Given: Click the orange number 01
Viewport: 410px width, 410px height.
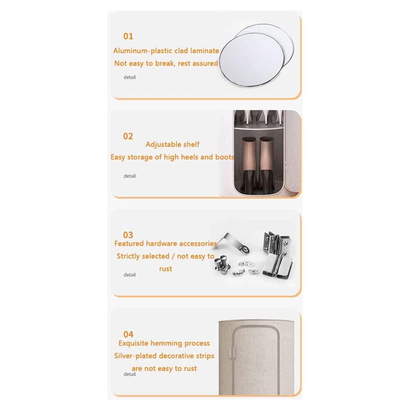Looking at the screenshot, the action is [x=128, y=36].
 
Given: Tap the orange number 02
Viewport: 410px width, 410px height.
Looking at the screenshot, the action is [x=128, y=136].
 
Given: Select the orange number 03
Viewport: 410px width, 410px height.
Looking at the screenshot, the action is [x=128, y=235].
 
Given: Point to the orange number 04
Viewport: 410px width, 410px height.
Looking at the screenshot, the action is [x=129, y=334].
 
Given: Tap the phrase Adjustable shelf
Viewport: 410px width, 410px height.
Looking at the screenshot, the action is [x=173, y=144].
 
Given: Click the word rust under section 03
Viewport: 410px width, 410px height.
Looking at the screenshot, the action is [x=165, y=269].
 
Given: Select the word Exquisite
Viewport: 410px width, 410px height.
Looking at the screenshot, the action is [x=134, y=343].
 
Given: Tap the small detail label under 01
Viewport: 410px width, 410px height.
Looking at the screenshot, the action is [x=130, y=77].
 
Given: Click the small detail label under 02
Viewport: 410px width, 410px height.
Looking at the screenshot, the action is [x=130, y=176].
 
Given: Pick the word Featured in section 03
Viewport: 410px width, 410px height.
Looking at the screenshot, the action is [x=129, y=243].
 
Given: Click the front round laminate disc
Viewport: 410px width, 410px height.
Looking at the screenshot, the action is [x=251, y=59].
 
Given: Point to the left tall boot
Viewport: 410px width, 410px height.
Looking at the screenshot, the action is [x=249, y=164].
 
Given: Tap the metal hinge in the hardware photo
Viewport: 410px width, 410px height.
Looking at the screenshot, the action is [x=276, y=253].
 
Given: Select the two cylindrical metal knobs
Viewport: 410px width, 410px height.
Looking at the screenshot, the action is [x=222, y=264].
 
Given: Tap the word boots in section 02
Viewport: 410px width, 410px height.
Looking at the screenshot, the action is [x=224, y=157].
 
